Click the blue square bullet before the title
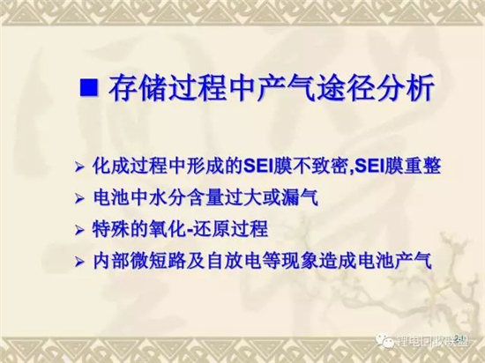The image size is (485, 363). point(89,87)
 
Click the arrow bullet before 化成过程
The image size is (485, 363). point(79,167)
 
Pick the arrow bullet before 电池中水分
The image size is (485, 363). point(79,198)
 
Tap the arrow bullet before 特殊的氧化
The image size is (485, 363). point(79,230)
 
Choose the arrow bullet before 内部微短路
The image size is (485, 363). point(79,263)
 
